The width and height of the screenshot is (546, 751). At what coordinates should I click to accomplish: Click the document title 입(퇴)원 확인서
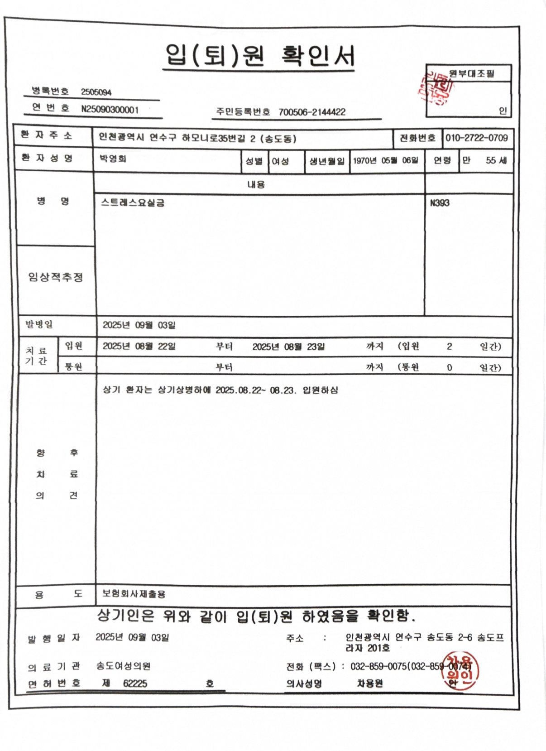259,56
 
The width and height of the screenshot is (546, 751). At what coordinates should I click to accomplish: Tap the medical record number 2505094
96,92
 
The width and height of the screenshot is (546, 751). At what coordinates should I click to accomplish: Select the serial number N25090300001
110,110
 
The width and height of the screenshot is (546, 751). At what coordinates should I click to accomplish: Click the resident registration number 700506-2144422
312,112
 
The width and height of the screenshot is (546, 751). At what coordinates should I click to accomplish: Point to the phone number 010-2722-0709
476,138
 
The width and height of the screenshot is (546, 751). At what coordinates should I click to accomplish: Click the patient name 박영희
113,159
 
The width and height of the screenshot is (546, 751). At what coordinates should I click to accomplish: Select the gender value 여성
280,161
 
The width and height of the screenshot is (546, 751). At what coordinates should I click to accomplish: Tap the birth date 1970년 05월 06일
385,161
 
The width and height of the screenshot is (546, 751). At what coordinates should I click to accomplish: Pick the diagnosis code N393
440,203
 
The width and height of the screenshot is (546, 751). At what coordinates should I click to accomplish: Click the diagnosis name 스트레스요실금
133,202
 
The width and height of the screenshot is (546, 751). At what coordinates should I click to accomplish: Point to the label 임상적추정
56,277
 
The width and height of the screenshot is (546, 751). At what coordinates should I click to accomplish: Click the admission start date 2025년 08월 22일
139,346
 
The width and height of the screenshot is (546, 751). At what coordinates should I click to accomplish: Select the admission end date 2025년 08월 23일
288,347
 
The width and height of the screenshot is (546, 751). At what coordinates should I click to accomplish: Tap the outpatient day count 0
449,367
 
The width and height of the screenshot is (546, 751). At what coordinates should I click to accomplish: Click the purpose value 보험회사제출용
134,593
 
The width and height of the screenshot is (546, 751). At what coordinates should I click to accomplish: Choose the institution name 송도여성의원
123,666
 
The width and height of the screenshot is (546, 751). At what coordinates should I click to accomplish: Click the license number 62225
135,684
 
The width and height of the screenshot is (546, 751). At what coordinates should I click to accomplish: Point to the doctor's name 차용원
370,684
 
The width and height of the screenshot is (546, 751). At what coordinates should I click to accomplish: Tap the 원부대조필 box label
471,73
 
